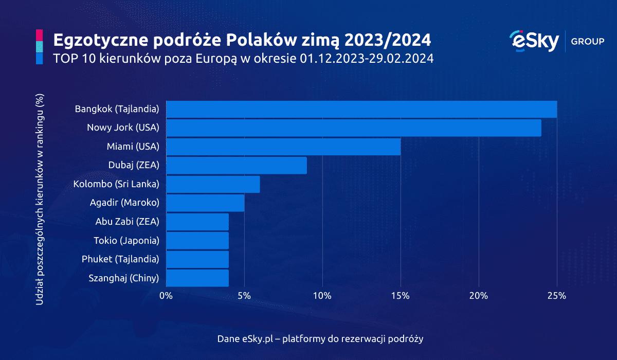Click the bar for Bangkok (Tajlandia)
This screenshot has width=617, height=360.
[361, 109]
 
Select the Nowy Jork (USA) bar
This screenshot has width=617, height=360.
[354, 128]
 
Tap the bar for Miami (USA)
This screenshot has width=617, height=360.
[283, 147]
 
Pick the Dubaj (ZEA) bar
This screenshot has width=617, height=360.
[237, 165]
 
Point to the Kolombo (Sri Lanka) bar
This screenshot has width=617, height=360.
[213, 184]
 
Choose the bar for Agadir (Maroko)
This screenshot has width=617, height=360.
[205, 203]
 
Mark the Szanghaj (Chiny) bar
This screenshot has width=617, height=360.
[197, 278]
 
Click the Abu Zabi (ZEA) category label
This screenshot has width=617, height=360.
[127, 222]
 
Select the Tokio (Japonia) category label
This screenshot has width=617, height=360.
[126, 240]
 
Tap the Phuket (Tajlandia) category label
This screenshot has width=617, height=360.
[120, 259]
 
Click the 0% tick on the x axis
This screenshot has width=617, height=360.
[166, 296]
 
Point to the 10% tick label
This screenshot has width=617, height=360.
[322, 296]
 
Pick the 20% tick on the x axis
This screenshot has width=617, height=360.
[479, 296]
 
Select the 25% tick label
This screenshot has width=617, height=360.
[557, 296]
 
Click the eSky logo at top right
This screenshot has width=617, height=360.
[533, 41]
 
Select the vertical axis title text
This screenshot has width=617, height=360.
[40, 199]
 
